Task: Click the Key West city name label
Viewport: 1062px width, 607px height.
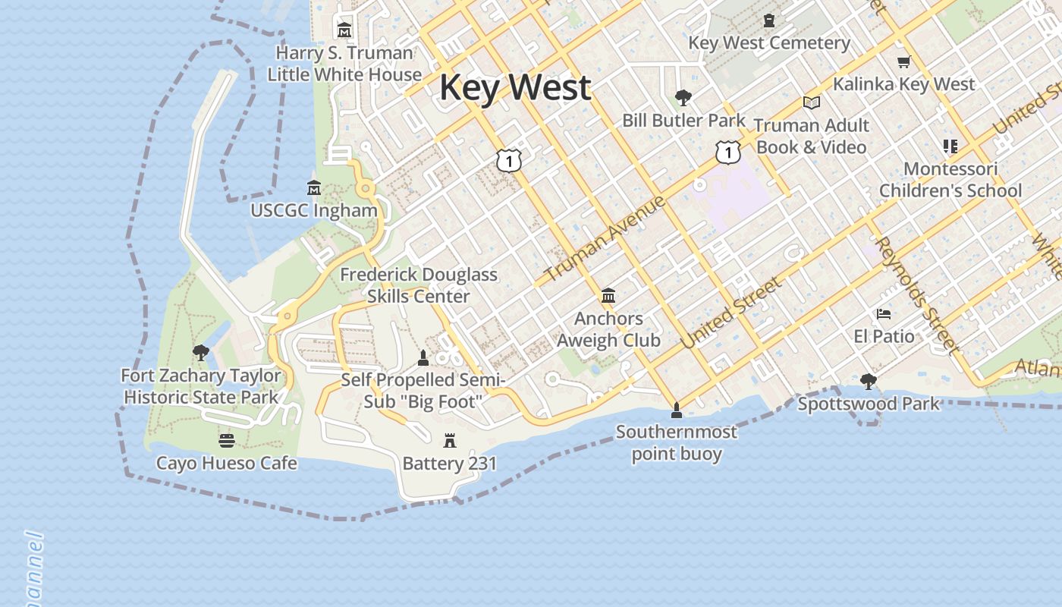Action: click(x=515, y=87)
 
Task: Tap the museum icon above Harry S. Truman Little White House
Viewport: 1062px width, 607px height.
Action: click(x=344, y=30)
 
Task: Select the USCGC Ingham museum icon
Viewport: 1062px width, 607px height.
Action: click(x=314, y=187)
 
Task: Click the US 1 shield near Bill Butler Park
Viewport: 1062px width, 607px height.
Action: click(x=727, y=153)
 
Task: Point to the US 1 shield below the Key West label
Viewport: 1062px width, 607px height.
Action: click(x=509, y=160)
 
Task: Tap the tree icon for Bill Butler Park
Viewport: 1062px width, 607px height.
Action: click(x=683, y=98)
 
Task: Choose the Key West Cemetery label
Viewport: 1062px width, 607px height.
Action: click(x=769, y=42)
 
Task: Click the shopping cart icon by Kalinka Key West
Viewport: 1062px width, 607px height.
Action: click(x=903, y=62)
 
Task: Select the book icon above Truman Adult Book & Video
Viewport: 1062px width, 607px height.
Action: click(x=811, y=102)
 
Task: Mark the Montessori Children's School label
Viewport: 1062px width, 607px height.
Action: click(x=950, y=180)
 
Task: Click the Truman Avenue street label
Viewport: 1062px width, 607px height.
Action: click(x=605, y=237)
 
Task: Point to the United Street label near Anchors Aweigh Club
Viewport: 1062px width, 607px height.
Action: click(x=730, y=313)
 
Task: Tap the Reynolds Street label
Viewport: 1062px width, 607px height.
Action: click(x=916, y=294)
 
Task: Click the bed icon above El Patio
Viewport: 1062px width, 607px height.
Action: click(x=884, y=314)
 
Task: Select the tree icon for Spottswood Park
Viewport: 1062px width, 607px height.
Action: click(x=869, y=382)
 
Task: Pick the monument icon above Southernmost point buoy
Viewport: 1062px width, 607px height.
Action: click(x=677, y=410)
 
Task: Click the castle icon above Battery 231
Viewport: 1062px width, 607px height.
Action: click(x=450, y=440)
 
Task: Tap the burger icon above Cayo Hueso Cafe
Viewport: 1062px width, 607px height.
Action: click(x=226, y=440)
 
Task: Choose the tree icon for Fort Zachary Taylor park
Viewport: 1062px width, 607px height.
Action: click(x=201, y=353)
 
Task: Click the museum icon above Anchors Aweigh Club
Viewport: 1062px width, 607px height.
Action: click(x=608, y=295)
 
